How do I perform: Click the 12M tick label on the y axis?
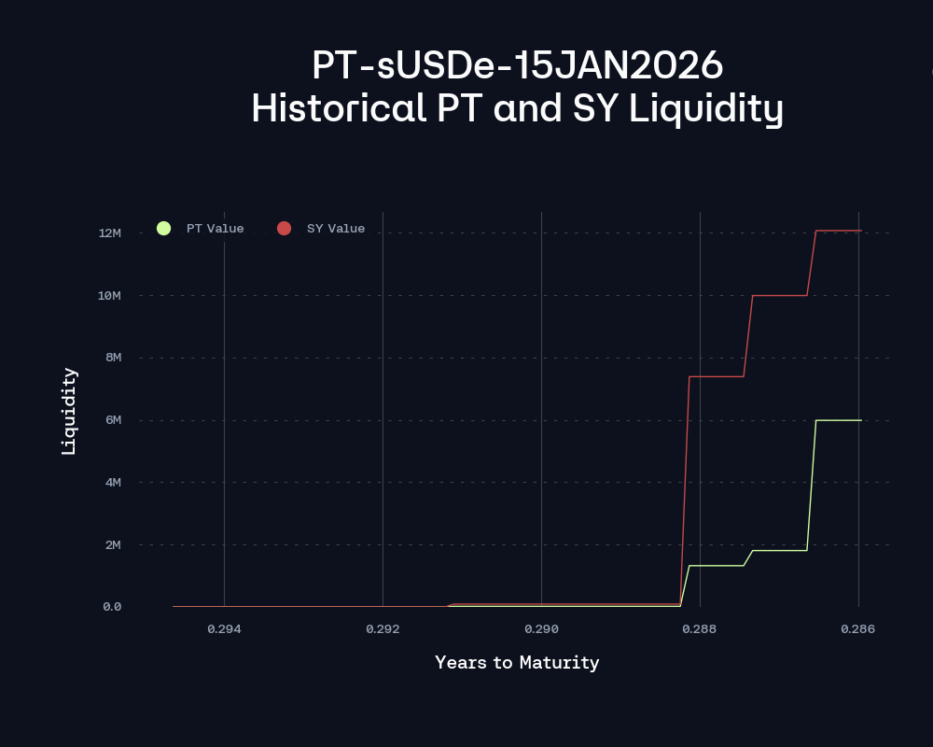[109, 233]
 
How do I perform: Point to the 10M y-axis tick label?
[109, 295]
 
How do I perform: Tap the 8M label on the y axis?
[112, 358]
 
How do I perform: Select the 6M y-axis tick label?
[112, 420]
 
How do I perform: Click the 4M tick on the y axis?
[112, 482]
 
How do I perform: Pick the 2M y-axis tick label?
[112, 544]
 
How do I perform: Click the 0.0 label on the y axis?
[112, 607]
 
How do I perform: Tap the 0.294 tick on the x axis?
[224, 629]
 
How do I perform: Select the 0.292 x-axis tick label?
[383, 629]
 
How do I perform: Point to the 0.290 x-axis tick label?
[541, 629]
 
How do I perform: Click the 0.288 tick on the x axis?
[700, 629]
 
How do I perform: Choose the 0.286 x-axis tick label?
[858, 629]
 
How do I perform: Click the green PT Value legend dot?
[164, 229]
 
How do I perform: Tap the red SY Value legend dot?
[285, 229]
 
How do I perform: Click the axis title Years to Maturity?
[517, 663]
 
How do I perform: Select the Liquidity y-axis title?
[69, 411]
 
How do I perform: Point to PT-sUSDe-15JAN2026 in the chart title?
[517, 66]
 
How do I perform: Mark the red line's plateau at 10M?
[779, 295]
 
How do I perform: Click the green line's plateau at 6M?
[838, 420]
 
